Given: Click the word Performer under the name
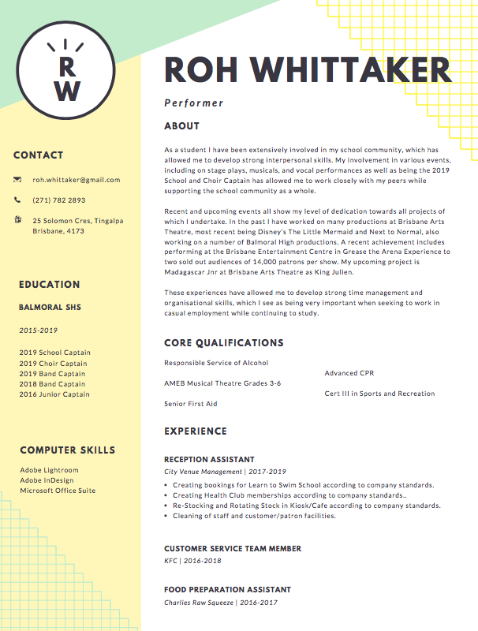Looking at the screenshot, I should click(x=194, y=103).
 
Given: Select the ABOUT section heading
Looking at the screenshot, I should click(x=181, y=126).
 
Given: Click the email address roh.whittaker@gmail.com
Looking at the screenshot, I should click(x=77, y=180).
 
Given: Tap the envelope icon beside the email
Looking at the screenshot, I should click(x=17, y=180).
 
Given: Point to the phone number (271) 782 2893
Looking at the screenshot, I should click(x=59, y=200).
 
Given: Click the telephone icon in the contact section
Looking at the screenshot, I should click(x=17, y=200).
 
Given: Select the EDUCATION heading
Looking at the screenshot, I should click(x=50, y=285).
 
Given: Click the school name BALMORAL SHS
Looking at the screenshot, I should click(x=50, y=307).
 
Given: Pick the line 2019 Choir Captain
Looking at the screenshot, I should click(x=54, y=364).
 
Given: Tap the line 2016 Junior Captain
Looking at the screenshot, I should click(x=54, y=394).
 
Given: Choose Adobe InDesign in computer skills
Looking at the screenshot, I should click(x=47, y=480).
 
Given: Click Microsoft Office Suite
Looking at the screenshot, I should click(x=58, y=491).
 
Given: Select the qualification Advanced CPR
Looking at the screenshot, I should click(x=350, y=373).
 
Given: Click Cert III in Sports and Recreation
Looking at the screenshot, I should click(x=379, y=394).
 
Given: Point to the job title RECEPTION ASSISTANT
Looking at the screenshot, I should click(x=209, y=459).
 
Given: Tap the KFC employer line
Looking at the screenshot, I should click(x=192, y=561).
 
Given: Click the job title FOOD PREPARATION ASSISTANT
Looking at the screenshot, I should click(x=227, y=590).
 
